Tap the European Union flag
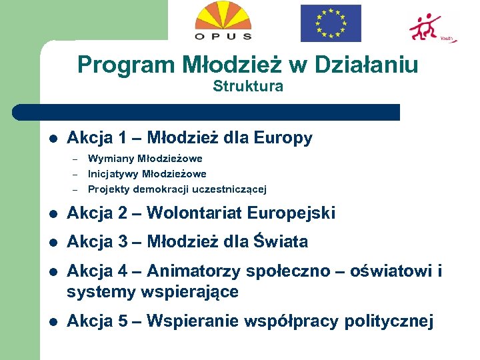pyautogui.click(x=331, y=23)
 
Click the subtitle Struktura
pyautogui.click(x=248, y=86)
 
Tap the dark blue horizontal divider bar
pyautogui.click(x=207, y=112)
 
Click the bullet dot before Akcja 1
pyautogui.click(x=53, y=139)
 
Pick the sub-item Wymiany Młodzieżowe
pyautogui.click(x=145, y=159)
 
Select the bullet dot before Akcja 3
pyautogui.click(x=53, y=242)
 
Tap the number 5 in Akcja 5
pyautogui.click(x=122, y=322)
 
